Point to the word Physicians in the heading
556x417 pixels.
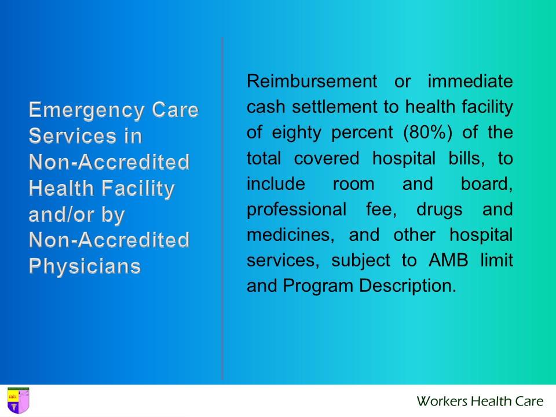pos(85,266)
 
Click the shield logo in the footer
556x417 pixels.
pos(17,400)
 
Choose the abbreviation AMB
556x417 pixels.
pos(446,261)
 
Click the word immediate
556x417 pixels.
pos(470,81)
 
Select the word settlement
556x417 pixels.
pos(320,107)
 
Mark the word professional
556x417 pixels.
pos(297,210)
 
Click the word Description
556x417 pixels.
pos(408,286)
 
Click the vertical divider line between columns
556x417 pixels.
pos(222,209)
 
